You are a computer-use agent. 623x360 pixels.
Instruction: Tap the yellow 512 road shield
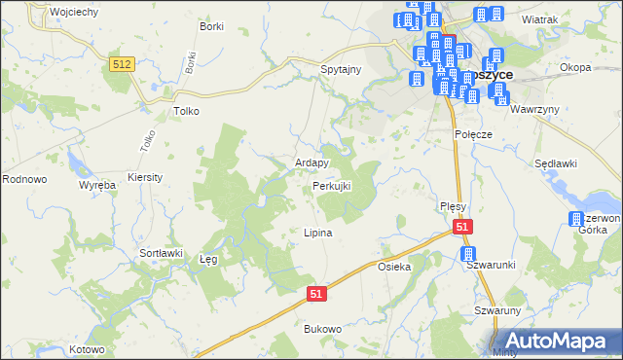[122, 63]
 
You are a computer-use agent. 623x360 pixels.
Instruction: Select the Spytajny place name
[341, 70]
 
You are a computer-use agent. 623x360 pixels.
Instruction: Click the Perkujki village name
[331, 185]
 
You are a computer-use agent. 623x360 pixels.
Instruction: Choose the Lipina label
[318, 233]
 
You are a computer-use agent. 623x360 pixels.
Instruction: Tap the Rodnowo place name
[24, 179]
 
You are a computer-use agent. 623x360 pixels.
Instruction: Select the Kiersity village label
[145, 178]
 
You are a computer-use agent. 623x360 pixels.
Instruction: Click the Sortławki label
[162, 252]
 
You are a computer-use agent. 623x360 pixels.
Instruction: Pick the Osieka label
[395, 266]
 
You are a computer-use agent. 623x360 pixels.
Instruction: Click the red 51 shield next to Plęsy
[461, 226]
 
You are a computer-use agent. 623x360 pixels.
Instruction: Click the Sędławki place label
[555, 165]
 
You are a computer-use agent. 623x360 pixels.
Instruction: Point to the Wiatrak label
[538, 18]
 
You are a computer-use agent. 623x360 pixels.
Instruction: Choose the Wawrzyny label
[535, 109]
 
